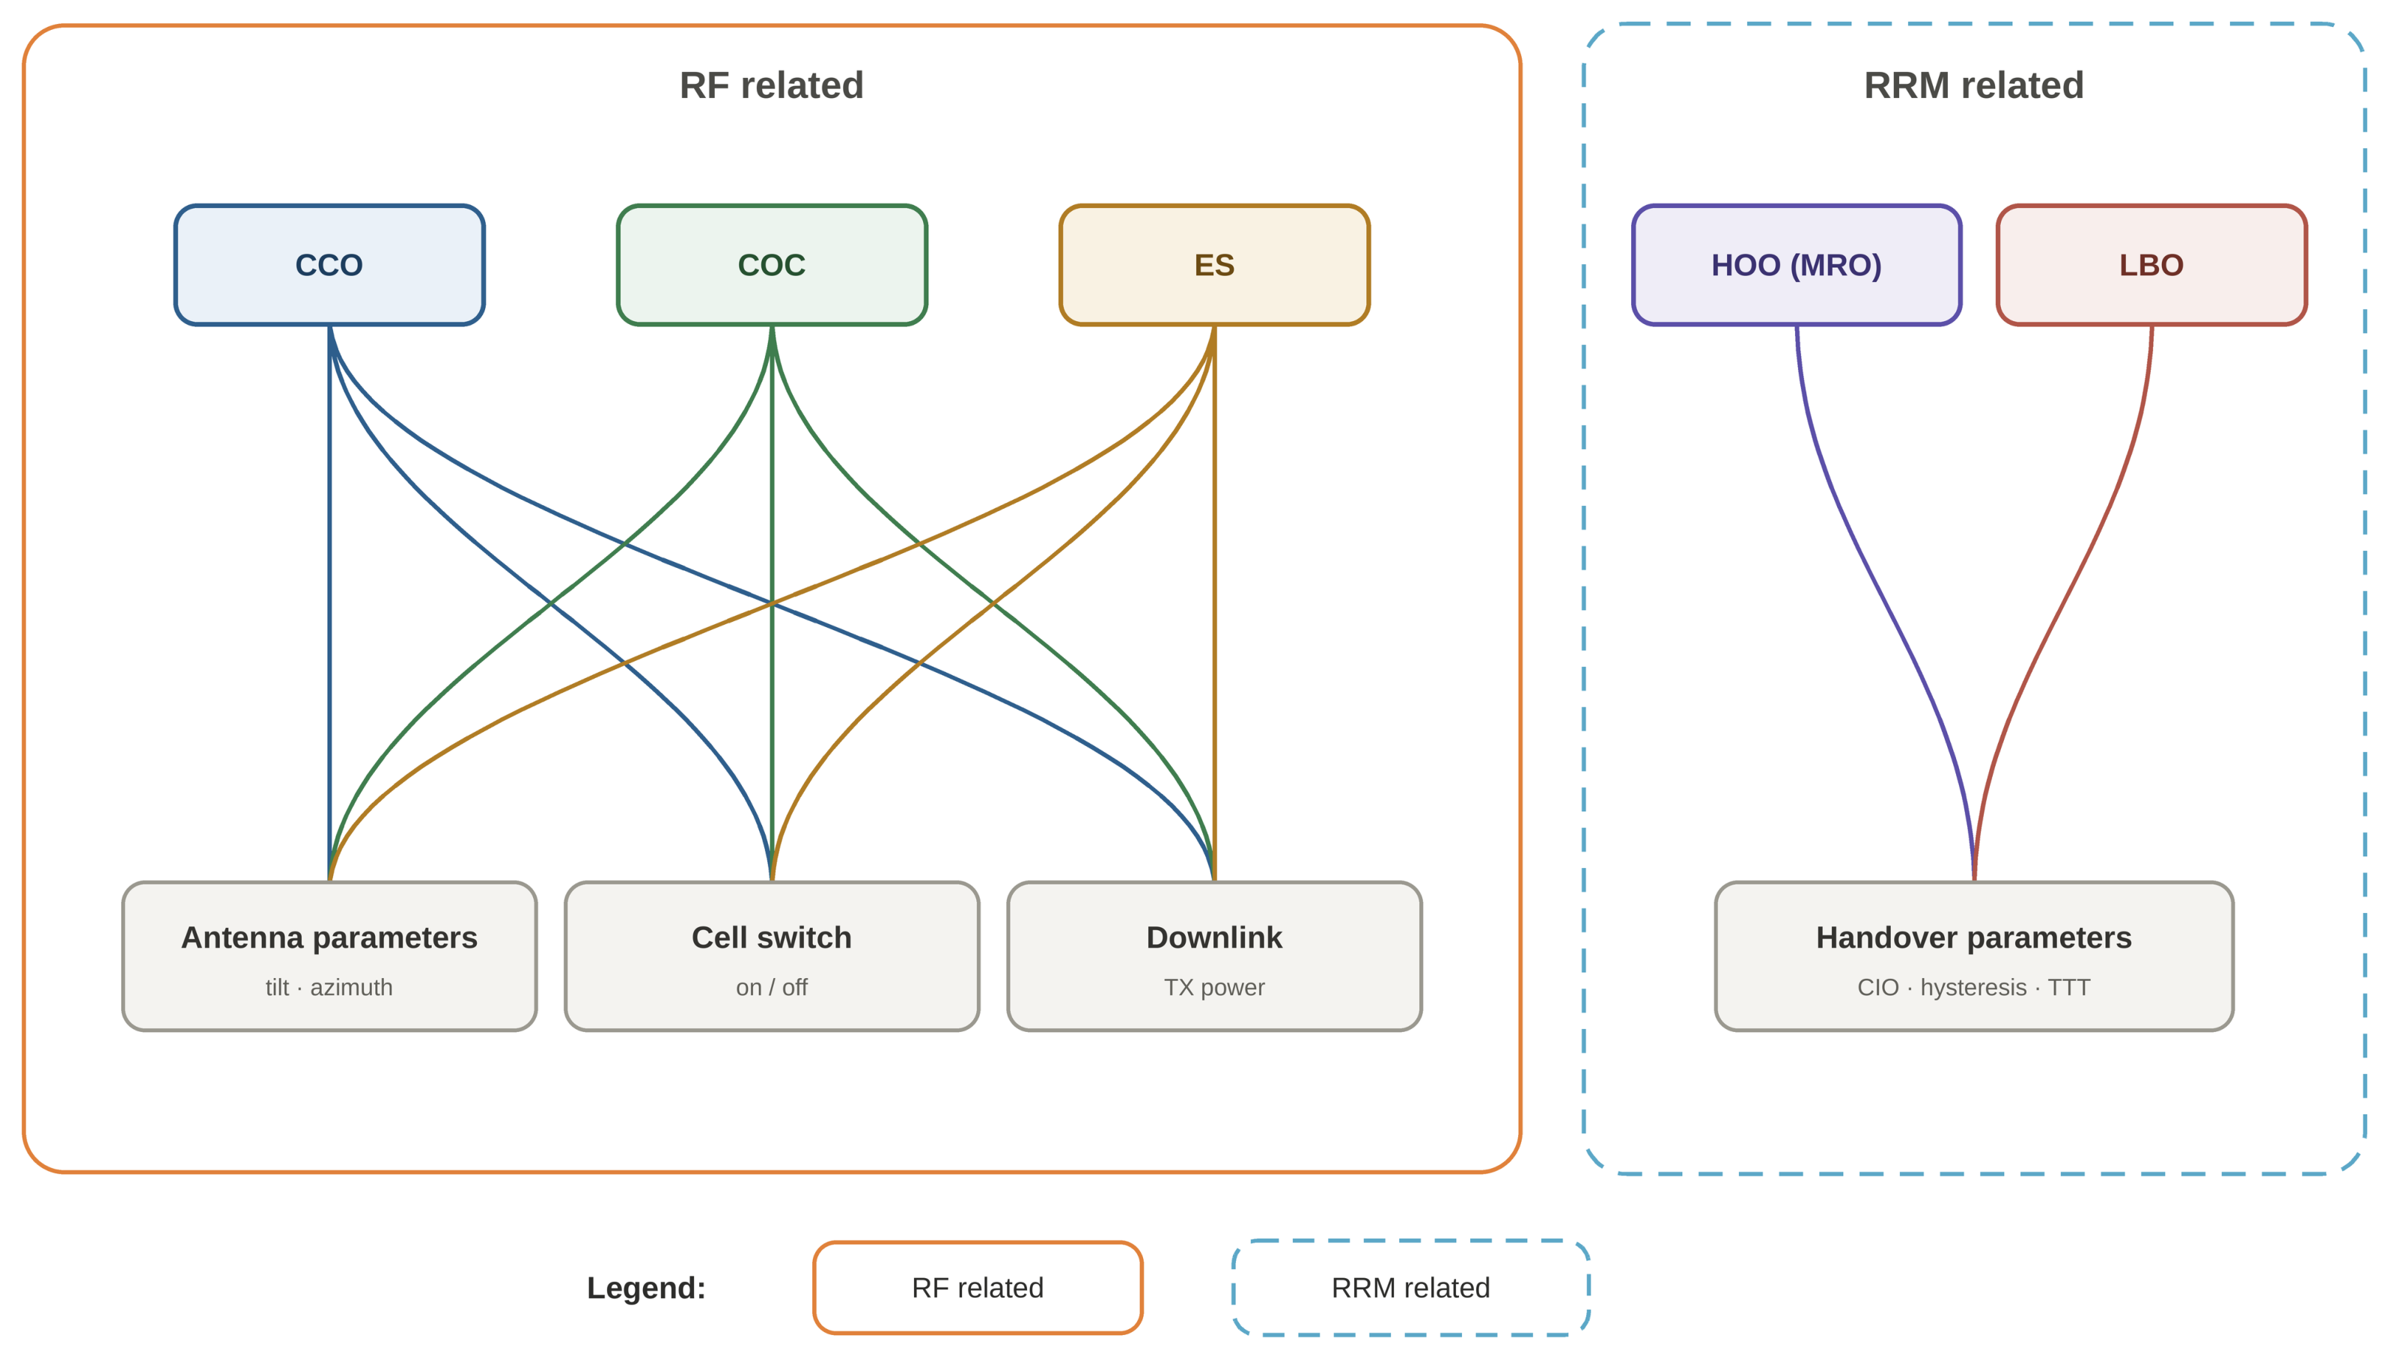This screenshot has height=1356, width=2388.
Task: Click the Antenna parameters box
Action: click(329, 956)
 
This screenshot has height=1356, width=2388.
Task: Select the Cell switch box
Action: click(771, 956)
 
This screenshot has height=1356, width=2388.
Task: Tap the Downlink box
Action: click(1213, 956)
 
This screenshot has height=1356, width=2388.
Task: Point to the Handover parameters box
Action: click(1973, 956)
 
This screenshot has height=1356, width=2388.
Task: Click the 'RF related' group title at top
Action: click(771, 85)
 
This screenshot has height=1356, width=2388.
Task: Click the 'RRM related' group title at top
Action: click(1973, 85)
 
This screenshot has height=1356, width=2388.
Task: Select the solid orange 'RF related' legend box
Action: click(977, 1287)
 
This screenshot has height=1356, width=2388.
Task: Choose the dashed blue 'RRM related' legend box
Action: click(1410, 1287)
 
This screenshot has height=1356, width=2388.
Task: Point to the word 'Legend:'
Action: click(646, 1288)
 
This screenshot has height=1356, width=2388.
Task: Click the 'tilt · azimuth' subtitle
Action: click(329, 987)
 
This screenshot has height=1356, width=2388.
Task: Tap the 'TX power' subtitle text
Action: click(1213, 987)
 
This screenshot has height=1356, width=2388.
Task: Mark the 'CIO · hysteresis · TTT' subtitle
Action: click(1973, 987)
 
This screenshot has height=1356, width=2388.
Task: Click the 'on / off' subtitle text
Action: click(771, 987)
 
